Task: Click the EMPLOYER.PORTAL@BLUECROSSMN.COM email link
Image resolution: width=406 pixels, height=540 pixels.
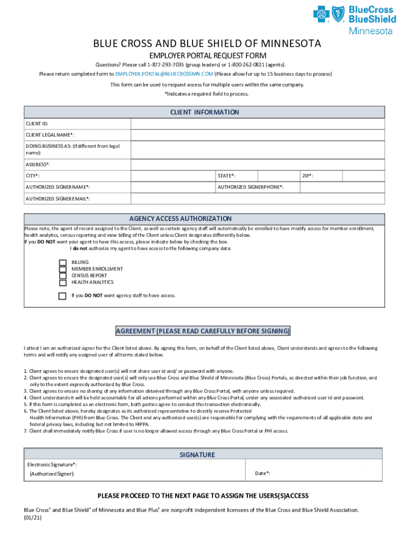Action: coord(164,74)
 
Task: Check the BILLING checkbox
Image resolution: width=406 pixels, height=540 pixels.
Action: coord(63,262)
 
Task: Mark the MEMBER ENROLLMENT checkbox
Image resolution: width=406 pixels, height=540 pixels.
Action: coord(63,269)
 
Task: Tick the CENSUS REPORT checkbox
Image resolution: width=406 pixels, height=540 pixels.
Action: coord(63,276)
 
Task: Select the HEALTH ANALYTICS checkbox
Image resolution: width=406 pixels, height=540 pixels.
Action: coord(63,282)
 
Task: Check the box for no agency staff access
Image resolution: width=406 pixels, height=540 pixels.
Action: coord(63,296)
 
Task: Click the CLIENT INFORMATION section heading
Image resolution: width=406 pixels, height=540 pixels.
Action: coord(204,112)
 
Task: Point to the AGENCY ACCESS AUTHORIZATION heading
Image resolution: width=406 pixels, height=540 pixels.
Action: coord(180,218)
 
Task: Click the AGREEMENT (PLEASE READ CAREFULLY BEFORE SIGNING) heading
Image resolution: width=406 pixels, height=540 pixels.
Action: coord(203,331)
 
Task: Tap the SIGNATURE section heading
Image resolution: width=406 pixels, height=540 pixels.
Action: coord(197,455)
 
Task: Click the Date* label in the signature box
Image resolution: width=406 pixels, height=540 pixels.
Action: coord(263,474)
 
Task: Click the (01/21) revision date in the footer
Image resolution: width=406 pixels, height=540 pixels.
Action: coord(33,518)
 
